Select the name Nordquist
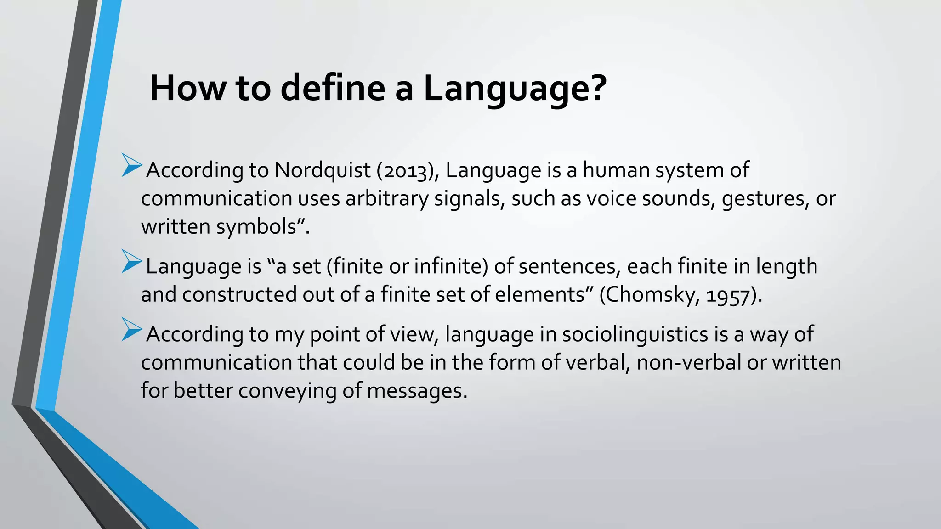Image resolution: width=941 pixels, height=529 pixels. coord(322,170)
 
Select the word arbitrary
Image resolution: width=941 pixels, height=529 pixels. coord(386,199)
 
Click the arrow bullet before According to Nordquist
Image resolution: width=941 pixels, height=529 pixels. coord(131,166)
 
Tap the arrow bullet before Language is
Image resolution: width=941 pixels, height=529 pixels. coord(131,262)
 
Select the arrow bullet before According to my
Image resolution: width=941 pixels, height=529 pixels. coord(131,329)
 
